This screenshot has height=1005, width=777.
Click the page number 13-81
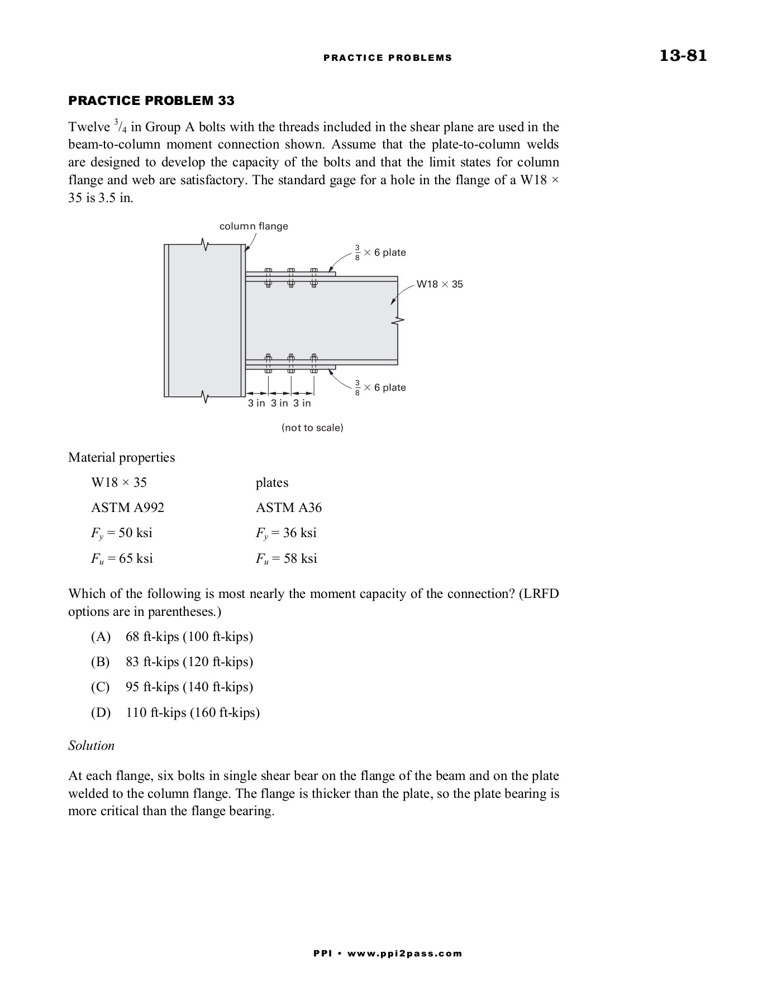click(683, 56)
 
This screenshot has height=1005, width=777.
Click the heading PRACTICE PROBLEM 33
click(151, 101)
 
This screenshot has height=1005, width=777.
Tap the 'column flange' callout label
click(254, 226)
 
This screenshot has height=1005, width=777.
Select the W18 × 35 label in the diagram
click(440, 284)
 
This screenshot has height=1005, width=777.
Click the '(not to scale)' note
click(312, 428)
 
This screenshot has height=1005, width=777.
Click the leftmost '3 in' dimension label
click(257, 403)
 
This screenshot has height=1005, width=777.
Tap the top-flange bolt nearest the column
click(268, 277)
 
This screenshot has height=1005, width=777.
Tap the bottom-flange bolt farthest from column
click(314, 363)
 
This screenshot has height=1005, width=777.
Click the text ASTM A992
click(127, 508)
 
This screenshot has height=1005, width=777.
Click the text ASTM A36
click(289, 508)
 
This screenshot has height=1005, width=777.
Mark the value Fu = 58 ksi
click(286, 558)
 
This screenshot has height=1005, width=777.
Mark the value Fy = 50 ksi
click(121, 533)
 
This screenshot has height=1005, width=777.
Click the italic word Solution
click(91, 745)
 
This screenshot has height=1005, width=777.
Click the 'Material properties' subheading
click(121, 457)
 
